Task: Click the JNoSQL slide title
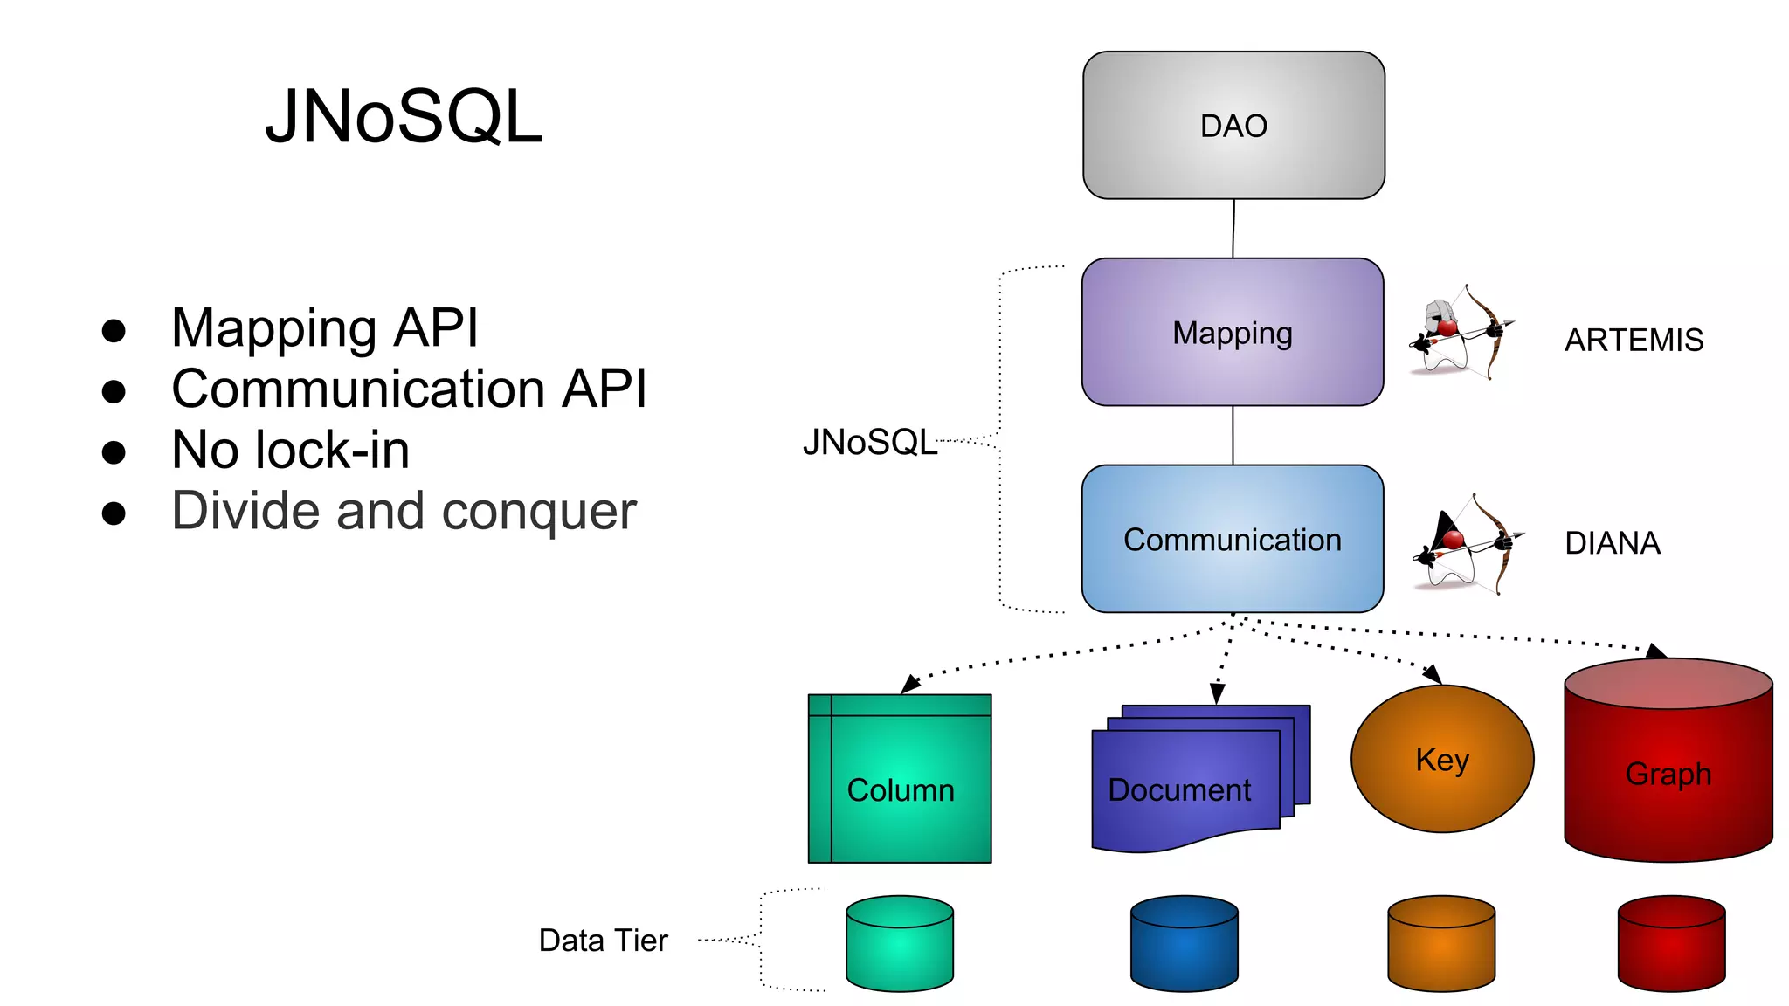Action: click(404, 116)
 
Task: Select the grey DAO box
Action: click(1233, 126)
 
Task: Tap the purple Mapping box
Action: click(1233, 333)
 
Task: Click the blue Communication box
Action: click(1233, 540)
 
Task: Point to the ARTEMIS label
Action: click(1634, 340)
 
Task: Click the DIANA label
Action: click(1613, 543)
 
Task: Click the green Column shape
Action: click(901, 779)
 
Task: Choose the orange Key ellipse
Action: click(1442, 759)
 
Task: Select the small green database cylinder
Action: click(900, 943)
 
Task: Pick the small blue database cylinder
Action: click(1184, 943)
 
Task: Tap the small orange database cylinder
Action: click(1441, 943)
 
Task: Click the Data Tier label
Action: click(603, 941)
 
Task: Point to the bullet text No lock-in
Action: click(290, 450)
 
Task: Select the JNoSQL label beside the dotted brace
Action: click(869, 442)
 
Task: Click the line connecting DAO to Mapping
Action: click(1233, 229)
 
